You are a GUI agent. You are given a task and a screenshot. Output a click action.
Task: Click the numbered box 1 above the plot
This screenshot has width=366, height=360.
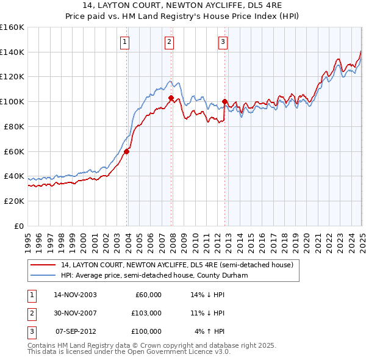(x=124, y=41)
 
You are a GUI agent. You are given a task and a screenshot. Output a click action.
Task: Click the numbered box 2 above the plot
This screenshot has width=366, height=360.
(x=169, y=41)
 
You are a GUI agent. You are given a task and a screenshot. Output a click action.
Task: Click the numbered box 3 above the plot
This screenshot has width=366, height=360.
(x=223, y=41)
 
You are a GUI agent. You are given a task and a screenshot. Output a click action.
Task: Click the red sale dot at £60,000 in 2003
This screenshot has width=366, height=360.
(x=127, y=151)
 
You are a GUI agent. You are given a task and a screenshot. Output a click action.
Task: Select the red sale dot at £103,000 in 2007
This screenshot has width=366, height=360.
(x=171, y=98)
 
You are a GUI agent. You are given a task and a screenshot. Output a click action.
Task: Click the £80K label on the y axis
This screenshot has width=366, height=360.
(x=14, y=126)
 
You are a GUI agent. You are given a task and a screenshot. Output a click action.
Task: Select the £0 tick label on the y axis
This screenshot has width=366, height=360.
(x=18, y=226)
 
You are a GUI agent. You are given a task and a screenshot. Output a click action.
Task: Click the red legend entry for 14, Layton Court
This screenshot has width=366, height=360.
(x=178, y=265)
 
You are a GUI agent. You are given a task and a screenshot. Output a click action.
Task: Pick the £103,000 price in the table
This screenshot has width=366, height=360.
(x=146, y=313)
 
